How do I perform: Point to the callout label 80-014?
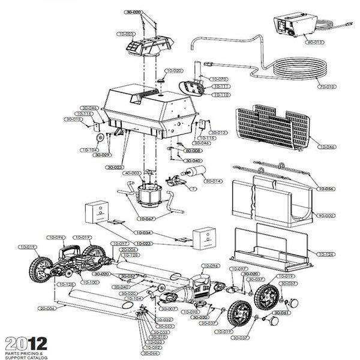[x=214, y=181]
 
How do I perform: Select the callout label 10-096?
[x=57, y=237]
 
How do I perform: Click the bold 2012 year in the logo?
[x=24, y=344]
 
